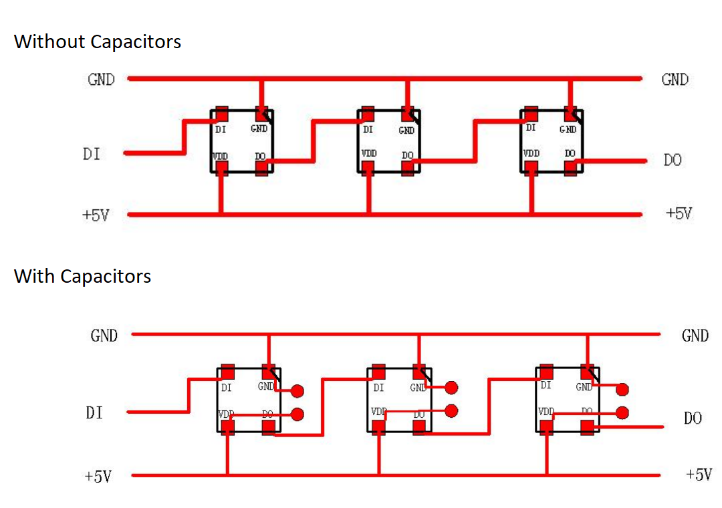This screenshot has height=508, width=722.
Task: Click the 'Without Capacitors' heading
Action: [98, 41]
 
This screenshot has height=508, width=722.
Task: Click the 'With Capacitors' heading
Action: [82, 276]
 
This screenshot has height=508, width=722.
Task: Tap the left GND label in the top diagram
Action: [101, 80]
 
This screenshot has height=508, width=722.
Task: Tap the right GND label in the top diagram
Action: [675, 80]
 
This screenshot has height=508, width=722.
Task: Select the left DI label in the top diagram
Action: [92, 154]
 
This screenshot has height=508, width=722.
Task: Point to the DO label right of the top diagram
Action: [673, 160]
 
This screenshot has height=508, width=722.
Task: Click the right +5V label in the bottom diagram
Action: [699, 475]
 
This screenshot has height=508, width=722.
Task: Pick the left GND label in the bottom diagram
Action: [104, 336]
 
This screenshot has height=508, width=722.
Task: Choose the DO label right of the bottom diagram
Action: [693, 418]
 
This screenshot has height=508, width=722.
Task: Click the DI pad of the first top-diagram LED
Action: [221, 114]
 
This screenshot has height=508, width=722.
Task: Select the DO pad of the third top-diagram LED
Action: [570, 168]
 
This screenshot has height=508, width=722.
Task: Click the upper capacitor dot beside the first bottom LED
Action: [297, 391]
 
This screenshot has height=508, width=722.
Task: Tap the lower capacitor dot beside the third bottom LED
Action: [622, 412]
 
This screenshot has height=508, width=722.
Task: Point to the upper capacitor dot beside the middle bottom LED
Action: [452, 387]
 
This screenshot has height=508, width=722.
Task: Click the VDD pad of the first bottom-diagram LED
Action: [228, 426]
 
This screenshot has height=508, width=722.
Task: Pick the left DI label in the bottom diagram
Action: [94, 413]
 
